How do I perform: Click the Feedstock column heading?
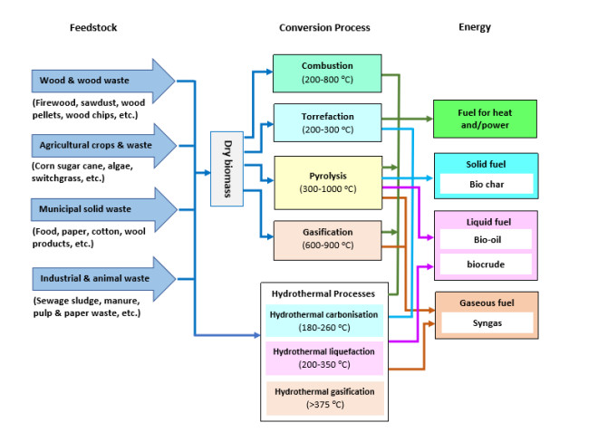tap(93, 28)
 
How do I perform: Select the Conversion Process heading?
tap(324, 28)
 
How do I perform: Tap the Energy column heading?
tap(474, 28)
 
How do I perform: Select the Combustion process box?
tap(327, 72)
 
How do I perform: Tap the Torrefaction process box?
tap(327, 123)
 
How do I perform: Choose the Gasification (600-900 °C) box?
tap(327, 239)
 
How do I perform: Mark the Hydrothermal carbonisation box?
tap(323, 321)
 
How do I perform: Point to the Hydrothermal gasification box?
tap(323, 398)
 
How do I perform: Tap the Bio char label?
tap(486, 184)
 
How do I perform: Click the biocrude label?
tap(486, 264)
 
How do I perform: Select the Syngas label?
tap(486, 323)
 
